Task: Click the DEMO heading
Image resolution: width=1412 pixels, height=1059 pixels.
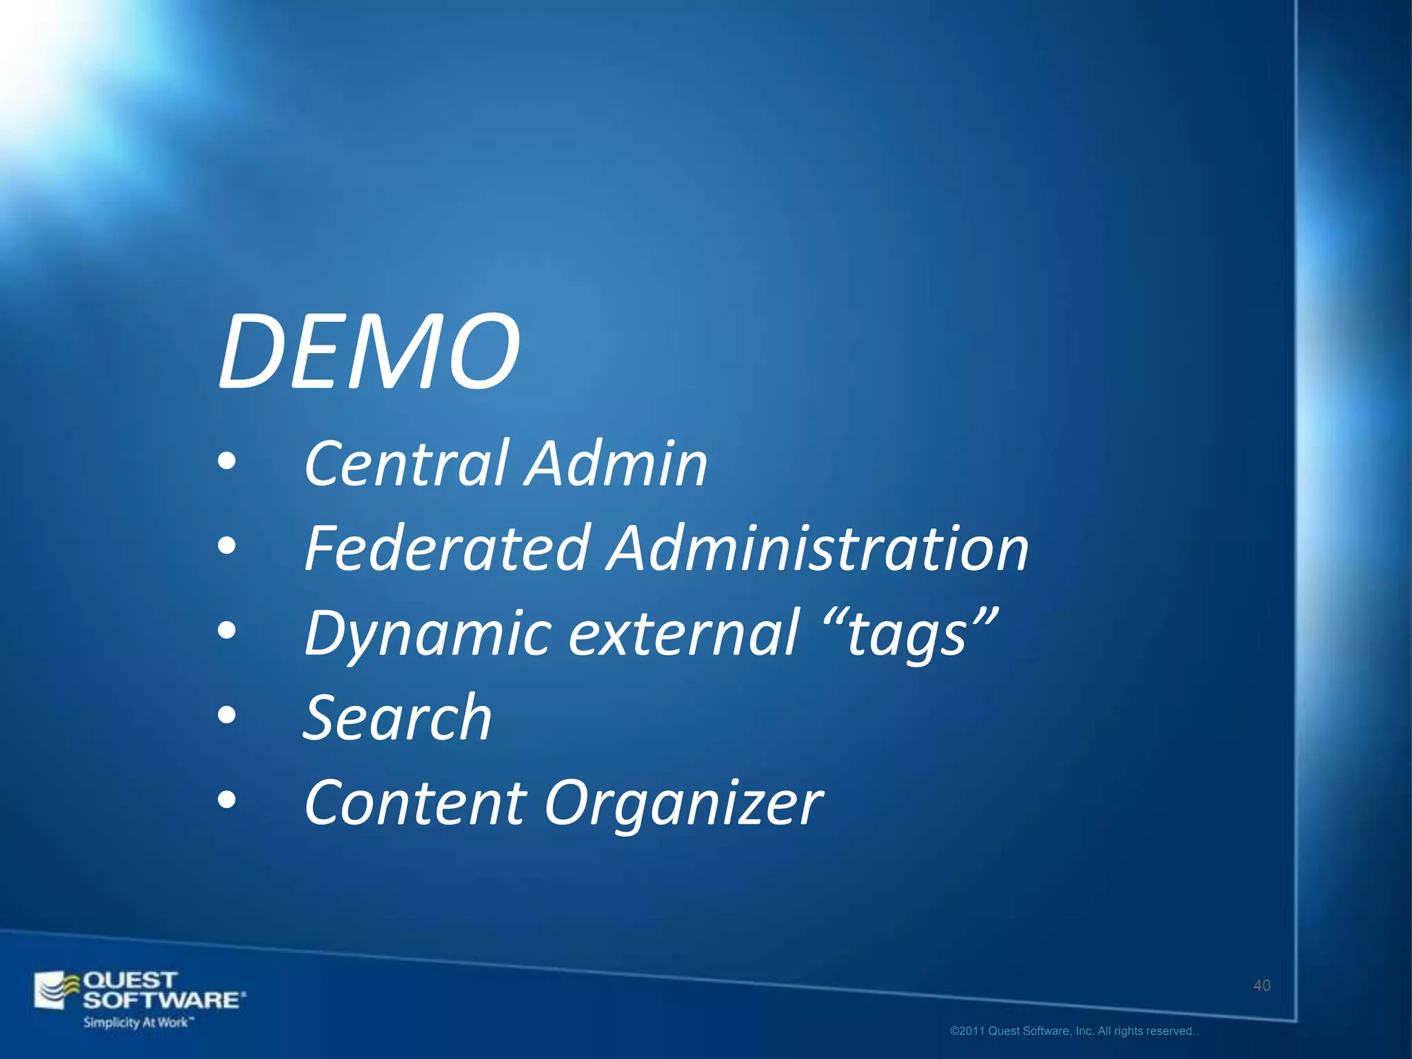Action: [369, 353]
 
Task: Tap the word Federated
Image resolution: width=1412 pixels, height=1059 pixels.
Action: [447, 549]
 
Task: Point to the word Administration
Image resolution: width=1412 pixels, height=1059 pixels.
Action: [818, 549]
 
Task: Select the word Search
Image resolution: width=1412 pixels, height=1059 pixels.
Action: [398, 718]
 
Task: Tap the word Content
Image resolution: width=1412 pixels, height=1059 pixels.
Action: [416, 803]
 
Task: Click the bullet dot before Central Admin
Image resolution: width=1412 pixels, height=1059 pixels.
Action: [226, 463]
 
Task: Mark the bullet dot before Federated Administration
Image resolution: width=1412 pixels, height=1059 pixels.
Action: [226, 547]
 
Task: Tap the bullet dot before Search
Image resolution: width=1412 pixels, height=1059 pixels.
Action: [226, 717]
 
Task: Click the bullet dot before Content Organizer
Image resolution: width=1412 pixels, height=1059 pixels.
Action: [226, 801]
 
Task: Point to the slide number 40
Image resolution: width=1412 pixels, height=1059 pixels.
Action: [1261, 986]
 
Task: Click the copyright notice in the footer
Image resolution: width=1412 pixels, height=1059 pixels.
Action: [1073, 1031]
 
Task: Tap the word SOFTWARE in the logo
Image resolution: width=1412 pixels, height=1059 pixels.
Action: [163, 1000]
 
